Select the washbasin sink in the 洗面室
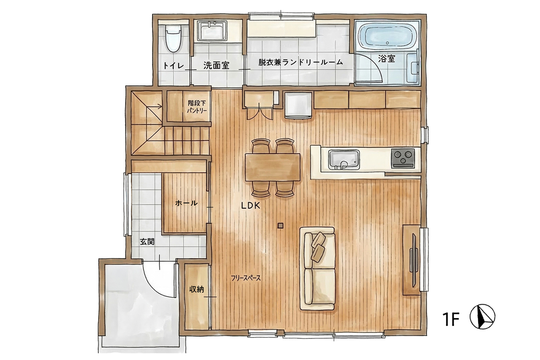click(212, 31)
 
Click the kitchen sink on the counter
click(344, 159)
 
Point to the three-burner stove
click(403, 158)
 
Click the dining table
click(273, 167)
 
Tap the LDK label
click(251, 206)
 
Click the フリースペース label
click(246, 278)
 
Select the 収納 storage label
click(197, 289)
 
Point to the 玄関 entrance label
click(147, 242)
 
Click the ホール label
click(186, 203)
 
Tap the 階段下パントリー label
click(197, 107)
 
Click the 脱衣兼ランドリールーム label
click(301, 62)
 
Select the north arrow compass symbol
click(482, 316)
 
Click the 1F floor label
click(451, 319)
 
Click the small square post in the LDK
click(280, 226)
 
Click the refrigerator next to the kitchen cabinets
click(298, 105)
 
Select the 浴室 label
click(387, 58)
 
